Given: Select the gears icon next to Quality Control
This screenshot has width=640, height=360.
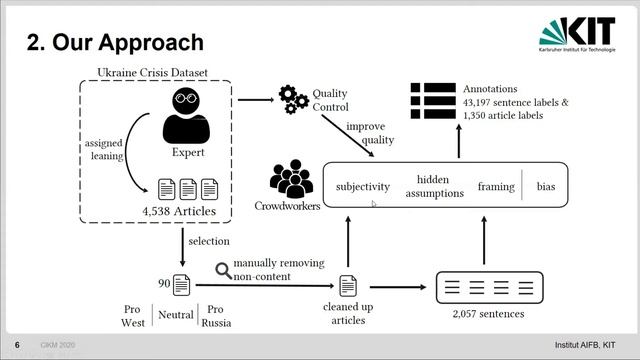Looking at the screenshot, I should (x=294, y=99).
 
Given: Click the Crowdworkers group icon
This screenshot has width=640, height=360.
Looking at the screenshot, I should (x=291, y=177).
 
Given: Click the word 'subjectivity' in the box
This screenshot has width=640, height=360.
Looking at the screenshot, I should (x=363, y=186).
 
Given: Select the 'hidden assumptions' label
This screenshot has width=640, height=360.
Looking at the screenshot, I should (x=435, y=186).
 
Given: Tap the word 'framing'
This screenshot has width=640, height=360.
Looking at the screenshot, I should (x=496, y=187).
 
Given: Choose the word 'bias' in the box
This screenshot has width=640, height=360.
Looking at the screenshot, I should (x=545, y=187).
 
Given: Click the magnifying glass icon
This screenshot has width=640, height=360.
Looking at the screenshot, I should (x=223, y=269).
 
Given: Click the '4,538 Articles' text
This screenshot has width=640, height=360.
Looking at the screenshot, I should (x=181, y=212).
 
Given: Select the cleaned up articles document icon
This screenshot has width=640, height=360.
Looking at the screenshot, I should (x=348, y=286).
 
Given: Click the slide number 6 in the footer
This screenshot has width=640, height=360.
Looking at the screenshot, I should (x=17, y=344).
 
